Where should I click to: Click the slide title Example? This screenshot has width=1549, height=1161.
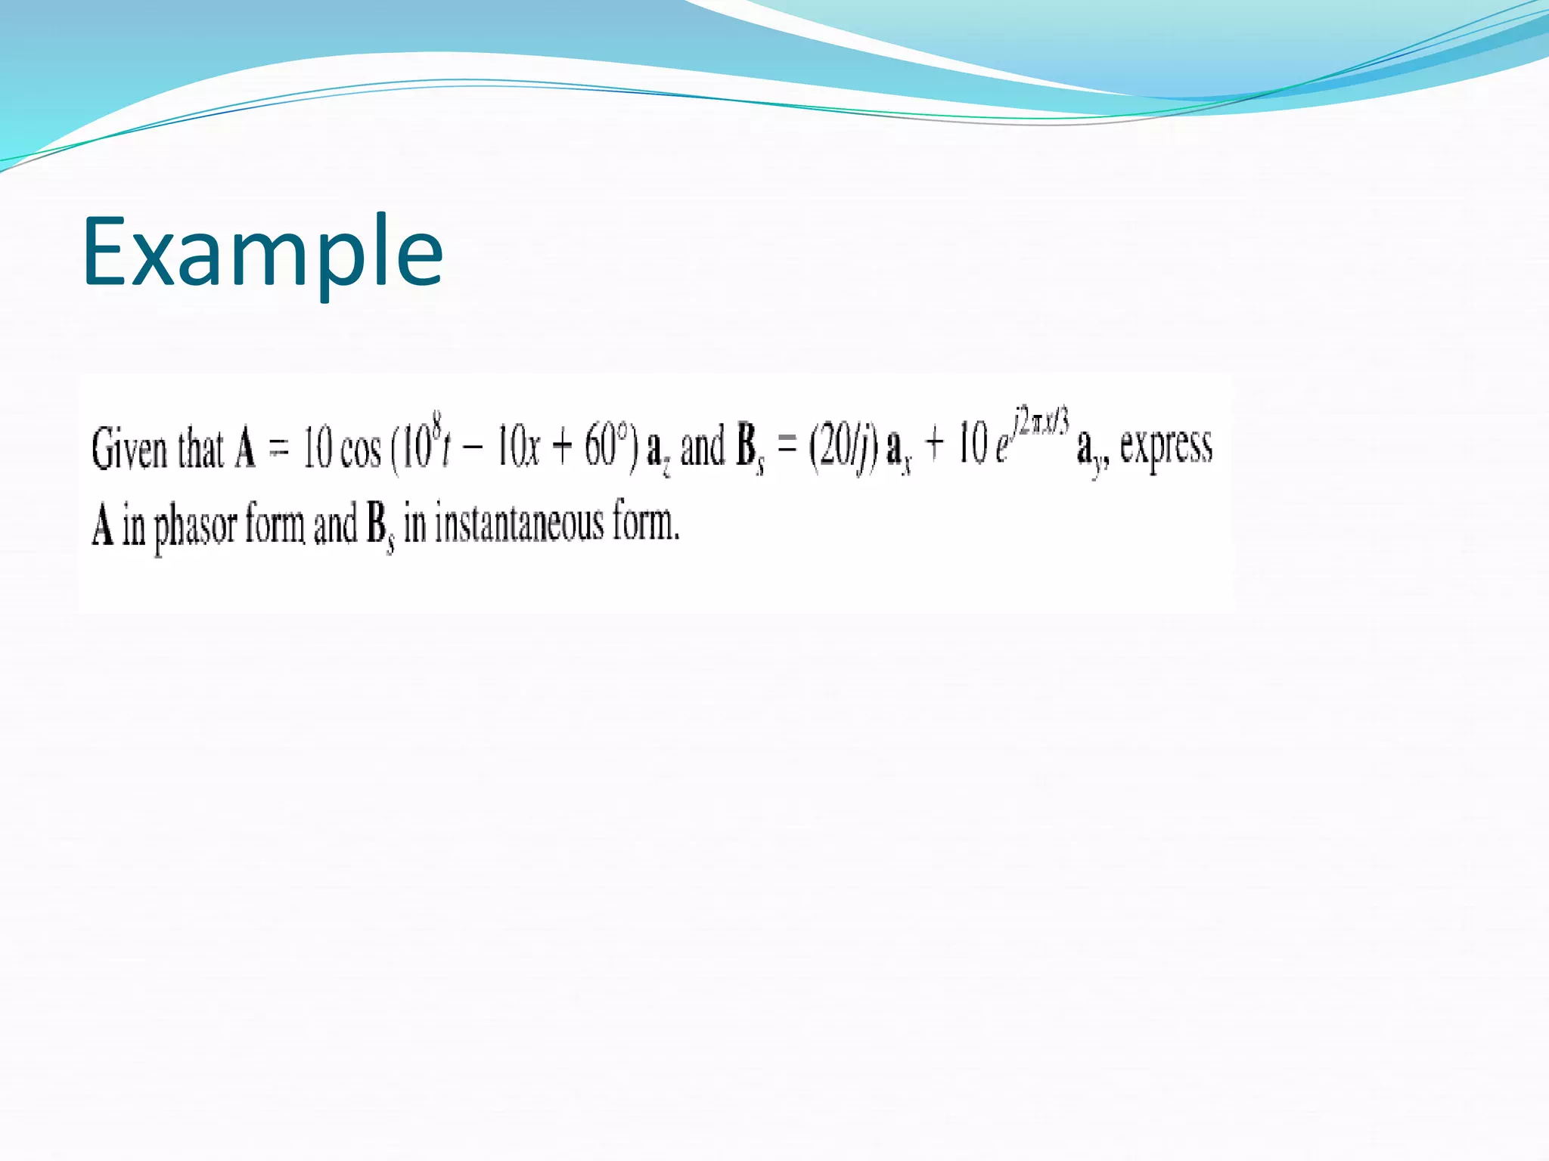click(x=262, y=252)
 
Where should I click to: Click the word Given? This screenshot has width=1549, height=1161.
click(x=129, y=448)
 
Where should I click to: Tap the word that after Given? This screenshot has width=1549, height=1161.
click(x=200, y=448)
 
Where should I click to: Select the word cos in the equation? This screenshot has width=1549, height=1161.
click(x=360, y=450)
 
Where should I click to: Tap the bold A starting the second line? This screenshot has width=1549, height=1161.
click(x=102, y=525)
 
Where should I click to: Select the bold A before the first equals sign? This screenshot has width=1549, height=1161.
click(x=245, y=448)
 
